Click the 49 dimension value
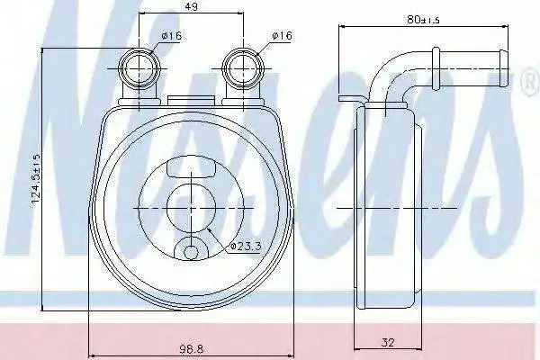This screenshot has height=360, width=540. pyautogui.click(x=192, y=6)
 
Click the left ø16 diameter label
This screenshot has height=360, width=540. pyautogui.click(x=172, y=36)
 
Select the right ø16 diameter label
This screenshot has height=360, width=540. pyautogui.click(x=282, y=35)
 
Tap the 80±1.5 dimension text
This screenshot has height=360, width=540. pyautogui.click(x=423, y=20)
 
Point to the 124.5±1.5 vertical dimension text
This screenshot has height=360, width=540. pyautogui.click(x=36, y=178)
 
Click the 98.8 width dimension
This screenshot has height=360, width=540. pyautogui.click(x=192, y=349)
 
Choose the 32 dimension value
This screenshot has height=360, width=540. pyautogui.click(x=388, y=342)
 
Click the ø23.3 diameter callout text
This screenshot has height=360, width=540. pyautogui.click(x=246, y=247)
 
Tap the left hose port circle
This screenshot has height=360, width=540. pyautogui.click(x=139, y=68)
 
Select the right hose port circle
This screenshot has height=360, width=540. pyautogui.click(x=243, y=68)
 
